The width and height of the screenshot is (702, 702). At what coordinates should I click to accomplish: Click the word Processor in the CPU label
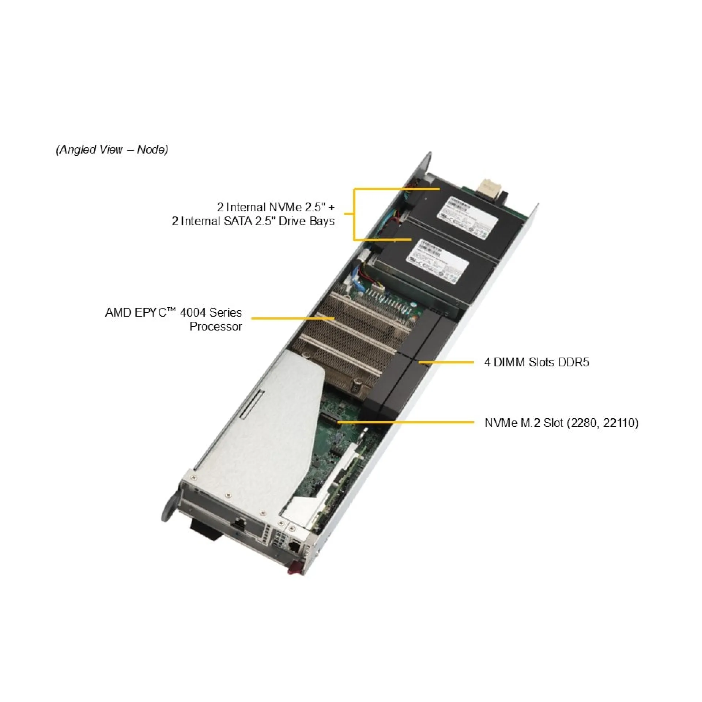click(x=216, y=327)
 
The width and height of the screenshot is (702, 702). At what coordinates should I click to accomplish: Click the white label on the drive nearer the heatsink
click(x=437, y=261)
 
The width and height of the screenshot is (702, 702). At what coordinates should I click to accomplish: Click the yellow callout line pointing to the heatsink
click(x=292, y=318)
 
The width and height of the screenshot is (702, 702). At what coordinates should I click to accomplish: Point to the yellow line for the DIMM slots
click(x=446, y=362)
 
